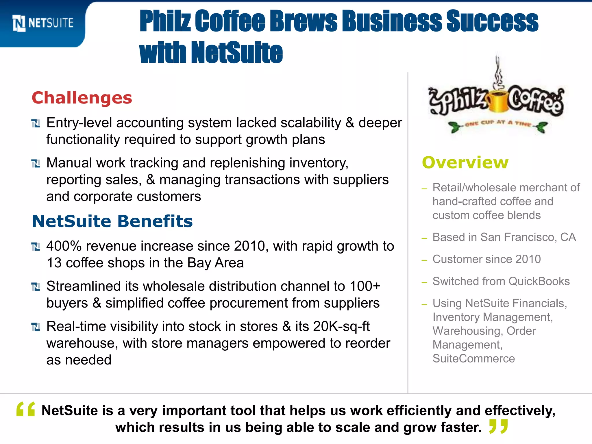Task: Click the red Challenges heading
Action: click(x=82, y=98)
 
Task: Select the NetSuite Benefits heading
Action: click(x=112, y=221)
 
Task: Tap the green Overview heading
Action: click(x=465, y=162)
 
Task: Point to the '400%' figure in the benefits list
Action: click(x=64, y=246)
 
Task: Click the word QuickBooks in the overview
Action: click(x=539, y=281)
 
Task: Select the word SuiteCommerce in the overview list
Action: click(x=473, y=359)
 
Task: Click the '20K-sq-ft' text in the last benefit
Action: click(x=341, y=326)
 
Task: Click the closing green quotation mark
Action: click(x=498, y=427)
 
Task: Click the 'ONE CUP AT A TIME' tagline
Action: click(x=498, y=123)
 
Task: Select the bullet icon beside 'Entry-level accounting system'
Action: click(x=36, y=123)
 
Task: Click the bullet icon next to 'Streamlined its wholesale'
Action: click(x=36, y=287)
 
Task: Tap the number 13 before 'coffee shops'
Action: click(x=54, y=263)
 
